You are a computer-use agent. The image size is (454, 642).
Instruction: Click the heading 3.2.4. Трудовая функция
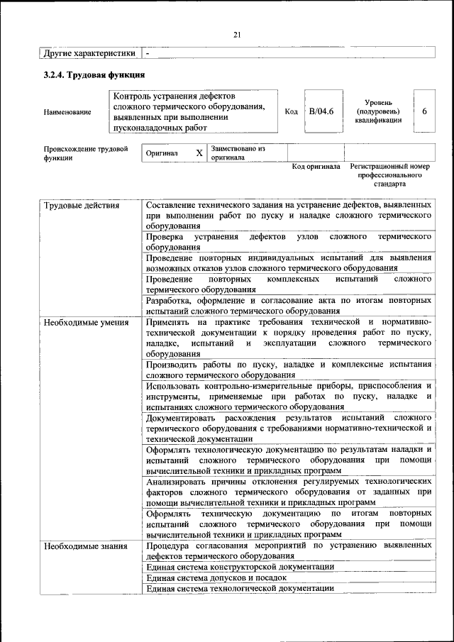point(94,74)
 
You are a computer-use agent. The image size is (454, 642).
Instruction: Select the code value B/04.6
point(321,111)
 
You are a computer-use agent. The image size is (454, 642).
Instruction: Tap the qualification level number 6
point(424,111)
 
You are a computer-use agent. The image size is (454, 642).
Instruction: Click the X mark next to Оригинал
point(199,153)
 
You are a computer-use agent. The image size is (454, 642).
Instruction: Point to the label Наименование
point(67,112)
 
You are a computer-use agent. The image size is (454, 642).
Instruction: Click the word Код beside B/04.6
point(291,111)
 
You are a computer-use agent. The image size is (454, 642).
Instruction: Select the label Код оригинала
point(316,167)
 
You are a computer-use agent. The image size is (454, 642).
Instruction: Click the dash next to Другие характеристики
point(148,53)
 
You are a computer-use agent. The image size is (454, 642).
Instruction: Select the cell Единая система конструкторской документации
point(240,567)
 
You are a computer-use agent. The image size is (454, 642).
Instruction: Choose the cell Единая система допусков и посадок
point(219,577)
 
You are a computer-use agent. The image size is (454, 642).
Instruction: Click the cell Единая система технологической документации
point(240,588)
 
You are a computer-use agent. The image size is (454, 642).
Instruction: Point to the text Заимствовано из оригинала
point(237,153)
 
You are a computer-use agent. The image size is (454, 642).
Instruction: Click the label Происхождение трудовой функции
point(85,153)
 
